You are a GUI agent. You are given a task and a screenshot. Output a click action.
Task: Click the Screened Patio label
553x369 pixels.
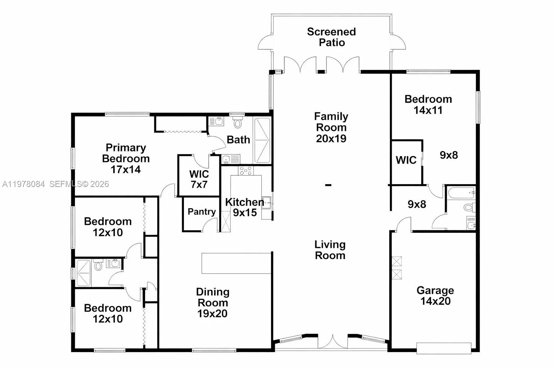tap(331, 37)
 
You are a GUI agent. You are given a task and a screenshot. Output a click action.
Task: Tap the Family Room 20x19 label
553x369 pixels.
tap(331, 127)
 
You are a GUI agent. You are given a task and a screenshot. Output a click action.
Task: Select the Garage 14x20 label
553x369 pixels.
tap(435, 295)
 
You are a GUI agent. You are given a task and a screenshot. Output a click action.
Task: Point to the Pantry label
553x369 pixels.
tap(202, 212)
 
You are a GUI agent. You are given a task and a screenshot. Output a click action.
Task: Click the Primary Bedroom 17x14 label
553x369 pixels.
tap(126, 159)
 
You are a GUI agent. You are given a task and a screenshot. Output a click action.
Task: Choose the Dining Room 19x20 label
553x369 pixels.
tap(212, 303)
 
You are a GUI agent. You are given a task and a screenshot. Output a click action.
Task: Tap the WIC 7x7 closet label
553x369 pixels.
tap(199, 179)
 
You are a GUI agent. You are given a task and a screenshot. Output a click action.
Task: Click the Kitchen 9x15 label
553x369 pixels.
tap(244, 207)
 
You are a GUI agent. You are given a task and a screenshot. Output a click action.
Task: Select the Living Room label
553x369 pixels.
tap(330, 250)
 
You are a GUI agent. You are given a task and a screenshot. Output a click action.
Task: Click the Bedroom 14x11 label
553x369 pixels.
tap(428, 105)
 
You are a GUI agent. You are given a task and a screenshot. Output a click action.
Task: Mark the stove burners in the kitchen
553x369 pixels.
tap(246, 170)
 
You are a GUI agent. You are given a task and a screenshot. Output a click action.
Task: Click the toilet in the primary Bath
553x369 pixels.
tap(238, 123)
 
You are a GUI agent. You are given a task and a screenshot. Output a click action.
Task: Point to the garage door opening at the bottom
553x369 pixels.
tap(444, 348)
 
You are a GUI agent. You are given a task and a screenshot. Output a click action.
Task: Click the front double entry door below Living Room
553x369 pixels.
tap(333, 342)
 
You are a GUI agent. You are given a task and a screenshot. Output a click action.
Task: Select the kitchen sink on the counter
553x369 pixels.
tap(267, 203)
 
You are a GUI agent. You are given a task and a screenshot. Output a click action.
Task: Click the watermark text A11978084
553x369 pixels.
tap(23, 184)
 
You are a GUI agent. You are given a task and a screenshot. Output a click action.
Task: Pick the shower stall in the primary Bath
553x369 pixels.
tap(262, 141)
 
